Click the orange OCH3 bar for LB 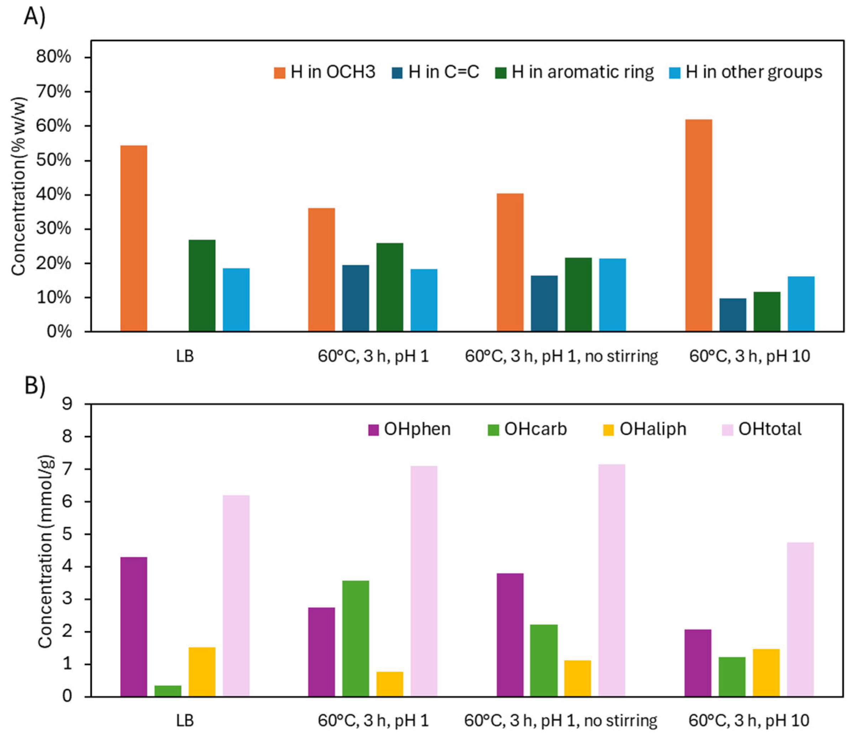click(x=133, y=238)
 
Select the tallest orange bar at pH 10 click(x=698, y=225)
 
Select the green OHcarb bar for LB click(x=168, y=691)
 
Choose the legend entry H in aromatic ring click(x=574, y=72)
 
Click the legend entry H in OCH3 click(x=325, y=72)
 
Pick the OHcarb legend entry click(x=527, y=429)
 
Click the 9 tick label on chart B click(x=67, y=404)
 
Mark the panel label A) click(x=34, y=17)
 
